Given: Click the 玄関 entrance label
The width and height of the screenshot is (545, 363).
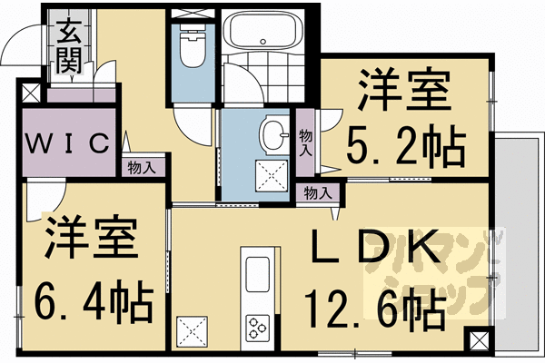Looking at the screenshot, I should [69, 45].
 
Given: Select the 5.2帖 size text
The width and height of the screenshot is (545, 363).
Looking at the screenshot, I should [407, 142].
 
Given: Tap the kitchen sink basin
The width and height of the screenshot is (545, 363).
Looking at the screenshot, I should [257, 273].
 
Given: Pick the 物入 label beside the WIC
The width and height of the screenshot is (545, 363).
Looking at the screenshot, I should [141, 167].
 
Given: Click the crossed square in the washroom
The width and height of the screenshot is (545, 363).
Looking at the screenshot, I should [271, 173].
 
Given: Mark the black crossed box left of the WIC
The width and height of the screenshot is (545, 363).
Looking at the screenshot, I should [29, 92].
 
